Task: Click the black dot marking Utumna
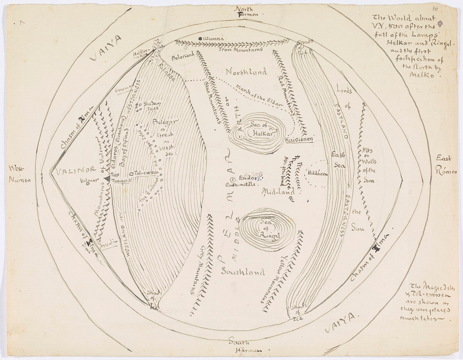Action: tap(200, 38)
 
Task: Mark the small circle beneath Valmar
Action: tap(87, 187)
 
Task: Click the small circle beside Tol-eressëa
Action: tap(131, 174)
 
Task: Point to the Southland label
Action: tap(243, 272)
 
